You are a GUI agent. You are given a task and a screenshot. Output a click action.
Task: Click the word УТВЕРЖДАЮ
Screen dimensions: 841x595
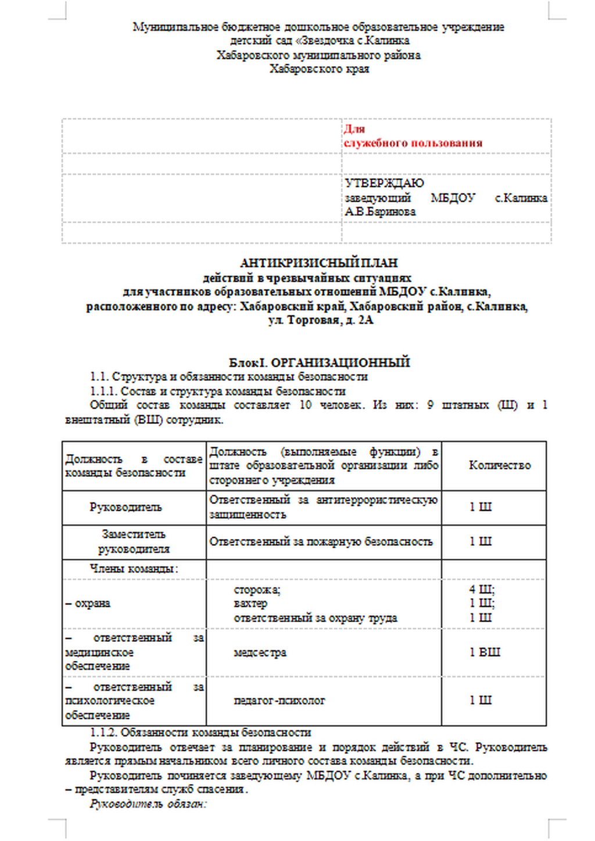(384, 184)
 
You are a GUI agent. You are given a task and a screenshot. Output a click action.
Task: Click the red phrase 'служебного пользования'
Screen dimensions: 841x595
(413, 143)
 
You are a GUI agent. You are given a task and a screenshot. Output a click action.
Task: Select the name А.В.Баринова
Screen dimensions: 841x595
(380, 212)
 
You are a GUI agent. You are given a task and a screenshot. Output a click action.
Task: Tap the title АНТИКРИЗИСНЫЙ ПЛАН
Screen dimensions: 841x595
(319, 263)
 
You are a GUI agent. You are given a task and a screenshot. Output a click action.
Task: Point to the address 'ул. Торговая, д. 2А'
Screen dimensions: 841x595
(320, 321)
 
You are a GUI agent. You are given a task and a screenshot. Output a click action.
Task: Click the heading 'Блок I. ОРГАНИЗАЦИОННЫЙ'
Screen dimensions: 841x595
(319, 362)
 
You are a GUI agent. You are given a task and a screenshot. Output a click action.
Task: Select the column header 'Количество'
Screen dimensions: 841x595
(499, 465)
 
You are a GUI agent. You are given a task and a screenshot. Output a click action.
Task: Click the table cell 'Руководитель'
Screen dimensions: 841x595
(126, 507)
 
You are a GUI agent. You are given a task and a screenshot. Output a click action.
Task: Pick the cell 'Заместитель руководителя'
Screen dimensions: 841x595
(134, 541)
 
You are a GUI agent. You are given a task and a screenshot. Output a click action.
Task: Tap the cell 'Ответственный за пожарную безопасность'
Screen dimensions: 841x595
(321, 542)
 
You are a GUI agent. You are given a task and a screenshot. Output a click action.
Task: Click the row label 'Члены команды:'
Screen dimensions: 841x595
(134, 569)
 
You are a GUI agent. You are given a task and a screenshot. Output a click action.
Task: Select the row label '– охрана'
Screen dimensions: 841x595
(88, 603)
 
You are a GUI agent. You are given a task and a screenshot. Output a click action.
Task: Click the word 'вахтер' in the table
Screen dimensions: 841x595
(250, 604)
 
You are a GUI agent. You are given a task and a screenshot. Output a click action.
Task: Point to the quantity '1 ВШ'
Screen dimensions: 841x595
(485, 652)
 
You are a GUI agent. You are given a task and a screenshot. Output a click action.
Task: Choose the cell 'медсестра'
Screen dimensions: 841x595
(260, 653)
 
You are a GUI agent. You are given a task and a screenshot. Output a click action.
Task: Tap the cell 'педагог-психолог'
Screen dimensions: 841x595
(279, 701)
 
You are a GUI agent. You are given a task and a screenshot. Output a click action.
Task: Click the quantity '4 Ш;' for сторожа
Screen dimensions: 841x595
(482, 590)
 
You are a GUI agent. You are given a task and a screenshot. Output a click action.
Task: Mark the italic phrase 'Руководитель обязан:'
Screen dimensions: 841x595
(148, 804)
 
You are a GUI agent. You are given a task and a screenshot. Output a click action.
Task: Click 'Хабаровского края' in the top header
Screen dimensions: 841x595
(319, 69)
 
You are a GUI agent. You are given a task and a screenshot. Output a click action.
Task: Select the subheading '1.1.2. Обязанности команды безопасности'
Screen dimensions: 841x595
(200, 733)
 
